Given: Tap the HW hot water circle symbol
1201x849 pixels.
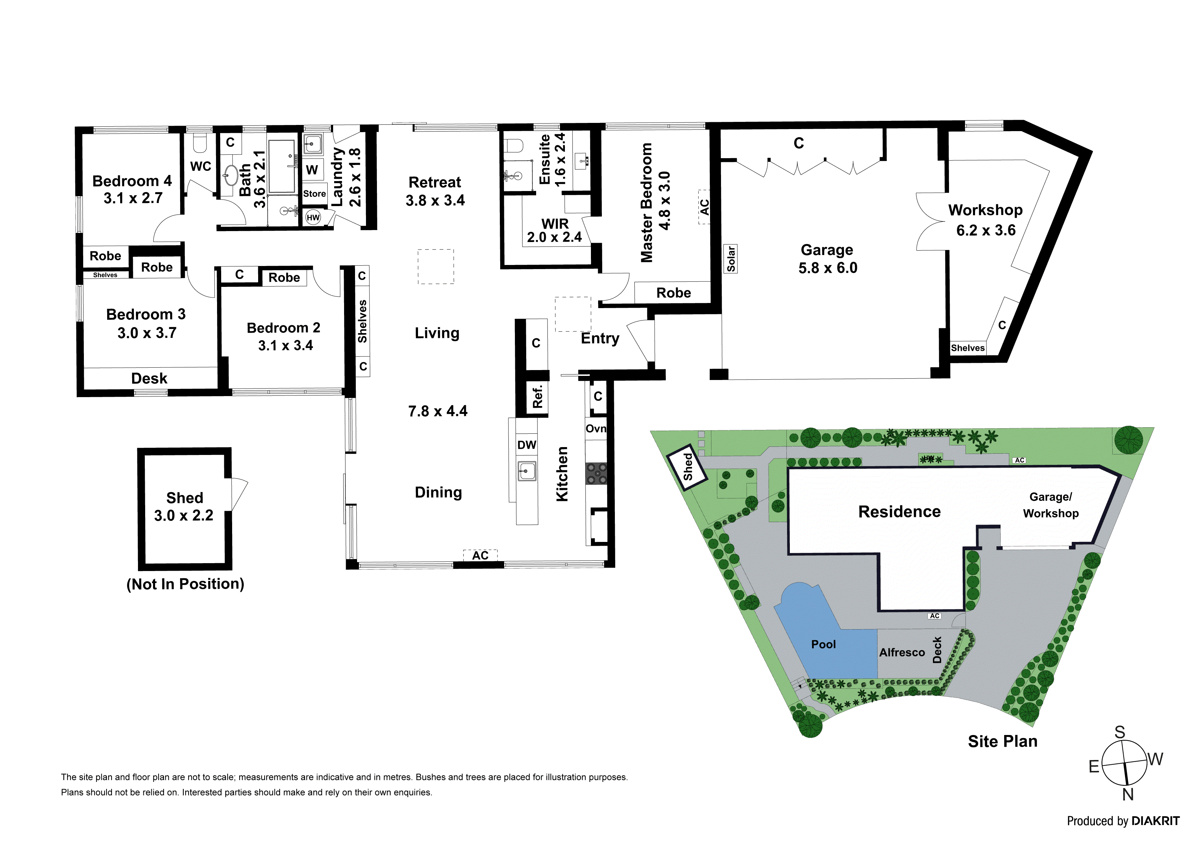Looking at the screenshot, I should (x=313, y=218).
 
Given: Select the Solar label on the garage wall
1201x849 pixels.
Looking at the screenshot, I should (x=731, y=259).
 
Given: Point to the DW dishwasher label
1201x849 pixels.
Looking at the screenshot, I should (x=527, y=445).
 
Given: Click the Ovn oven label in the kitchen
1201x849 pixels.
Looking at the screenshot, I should (x=596, y=429).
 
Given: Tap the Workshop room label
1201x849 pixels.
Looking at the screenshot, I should (x=986, y=210).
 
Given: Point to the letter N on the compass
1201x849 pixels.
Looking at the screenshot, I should (x=1128, y=795).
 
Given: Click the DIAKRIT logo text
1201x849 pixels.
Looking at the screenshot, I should (x=1155, y=821).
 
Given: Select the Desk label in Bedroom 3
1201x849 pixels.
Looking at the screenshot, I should (x=149, y=378).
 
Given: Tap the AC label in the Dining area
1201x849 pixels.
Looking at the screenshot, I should (x=480, y=556).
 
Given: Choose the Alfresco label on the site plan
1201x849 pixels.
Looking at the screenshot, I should (x=902, y=652).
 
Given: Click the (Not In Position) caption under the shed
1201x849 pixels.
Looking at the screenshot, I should (x=185, y=584).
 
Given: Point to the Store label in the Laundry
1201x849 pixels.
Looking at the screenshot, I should (x=314, y=193).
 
